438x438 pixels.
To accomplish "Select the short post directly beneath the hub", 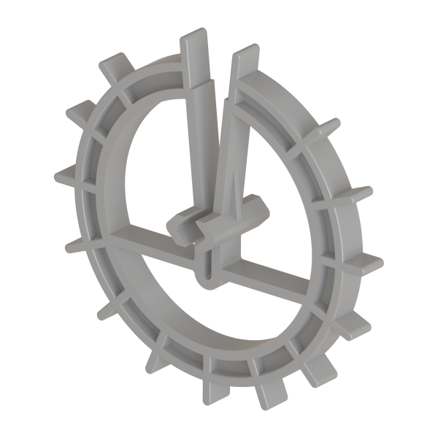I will (x=205, y=264).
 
